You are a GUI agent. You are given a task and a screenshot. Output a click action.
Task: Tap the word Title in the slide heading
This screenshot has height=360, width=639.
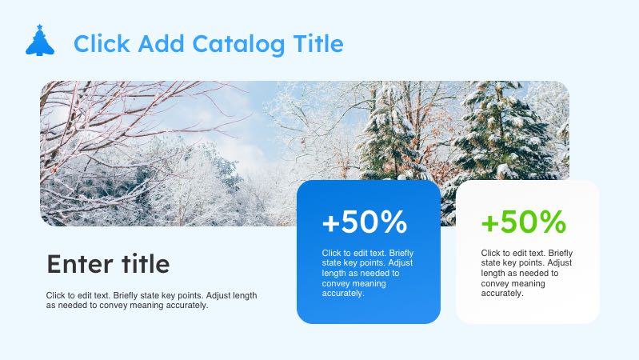[x=316, y=44]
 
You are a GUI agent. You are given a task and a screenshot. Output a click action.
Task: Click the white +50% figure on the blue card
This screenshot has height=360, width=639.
[x=365, y=222]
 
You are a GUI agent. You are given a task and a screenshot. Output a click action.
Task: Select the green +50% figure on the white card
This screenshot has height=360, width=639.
[x=524, y=222]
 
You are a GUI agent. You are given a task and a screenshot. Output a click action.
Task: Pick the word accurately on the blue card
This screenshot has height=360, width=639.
[x=343, y=294]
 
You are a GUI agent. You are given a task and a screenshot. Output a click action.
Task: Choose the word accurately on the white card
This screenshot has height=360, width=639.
[x=502, y=294]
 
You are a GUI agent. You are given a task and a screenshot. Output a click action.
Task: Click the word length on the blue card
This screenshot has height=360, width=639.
[x=333, y=274]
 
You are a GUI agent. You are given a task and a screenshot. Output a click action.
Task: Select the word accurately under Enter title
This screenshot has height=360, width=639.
[x=186, y=305]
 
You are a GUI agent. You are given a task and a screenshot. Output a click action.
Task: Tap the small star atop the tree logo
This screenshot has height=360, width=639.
[x=39, y=27]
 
